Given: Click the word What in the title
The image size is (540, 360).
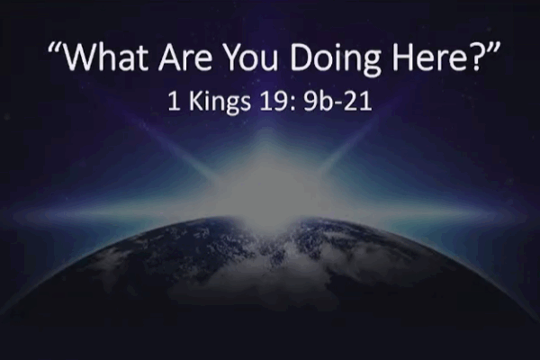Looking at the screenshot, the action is pos(106,57).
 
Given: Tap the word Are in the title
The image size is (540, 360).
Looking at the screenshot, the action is pos(185,57).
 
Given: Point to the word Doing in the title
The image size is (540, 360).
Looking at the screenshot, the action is pos(336,59).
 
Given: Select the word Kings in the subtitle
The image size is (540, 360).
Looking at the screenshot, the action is pos(220,103).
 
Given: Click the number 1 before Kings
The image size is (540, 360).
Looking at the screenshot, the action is pos(175,102).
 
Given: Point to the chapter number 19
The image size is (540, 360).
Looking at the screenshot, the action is pos(272,102).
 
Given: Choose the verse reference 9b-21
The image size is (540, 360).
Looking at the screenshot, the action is pos(337,102).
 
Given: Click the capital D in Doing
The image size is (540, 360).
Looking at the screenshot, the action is pos(301,57).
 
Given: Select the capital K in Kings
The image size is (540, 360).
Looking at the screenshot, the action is pos(195,102).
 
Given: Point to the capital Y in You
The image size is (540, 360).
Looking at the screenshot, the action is pos(232,57).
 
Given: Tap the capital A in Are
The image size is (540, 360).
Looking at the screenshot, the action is pos(171,57).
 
